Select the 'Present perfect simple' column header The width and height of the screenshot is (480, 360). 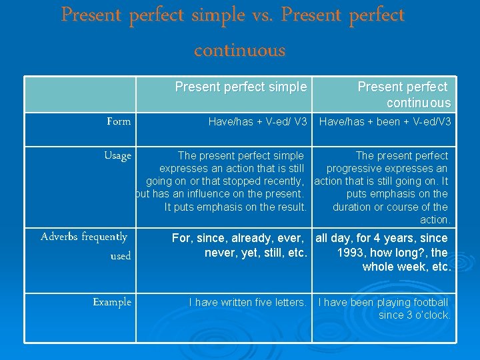coord(241,87)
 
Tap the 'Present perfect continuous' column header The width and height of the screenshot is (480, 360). coord(403,95)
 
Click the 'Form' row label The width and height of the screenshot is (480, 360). coord(119,121)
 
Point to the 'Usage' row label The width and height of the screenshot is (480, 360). coord(117,155)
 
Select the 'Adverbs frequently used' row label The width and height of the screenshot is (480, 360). coord(85,246)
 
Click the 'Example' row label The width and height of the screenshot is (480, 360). coord(112,302)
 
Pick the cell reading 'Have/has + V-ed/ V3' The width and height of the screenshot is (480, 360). coord(257,121)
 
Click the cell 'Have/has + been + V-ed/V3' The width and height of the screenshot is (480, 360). coord(385,121)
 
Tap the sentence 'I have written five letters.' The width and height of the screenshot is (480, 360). coord(247,303)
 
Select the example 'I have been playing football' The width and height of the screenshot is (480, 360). coord(383,303)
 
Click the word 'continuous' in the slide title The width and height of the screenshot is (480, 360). coord(239,51)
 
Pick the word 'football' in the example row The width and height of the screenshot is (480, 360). coord(427,303)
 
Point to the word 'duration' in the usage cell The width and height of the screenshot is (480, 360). coord(353,207)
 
